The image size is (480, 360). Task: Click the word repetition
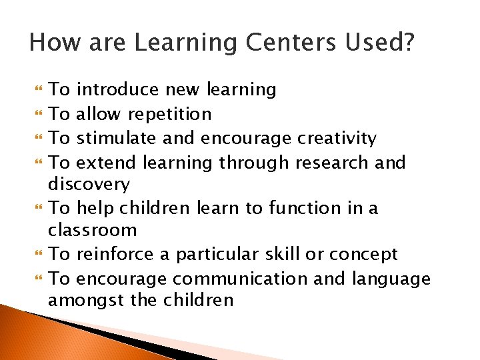click(169, 114)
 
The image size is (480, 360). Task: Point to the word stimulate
click(115, 139)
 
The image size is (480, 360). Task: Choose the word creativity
click(337, 139)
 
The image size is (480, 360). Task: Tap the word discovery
click(89, 184)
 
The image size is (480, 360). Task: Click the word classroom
click(92, 231)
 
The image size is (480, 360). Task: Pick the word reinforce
click(116, 255)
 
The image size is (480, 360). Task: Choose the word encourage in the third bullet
click(245, 139)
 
